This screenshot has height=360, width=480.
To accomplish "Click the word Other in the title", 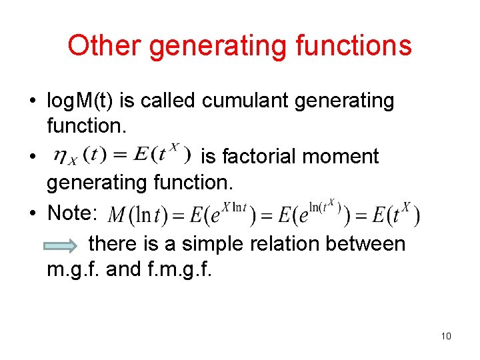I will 104,45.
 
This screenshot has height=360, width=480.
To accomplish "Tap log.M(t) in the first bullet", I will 81,101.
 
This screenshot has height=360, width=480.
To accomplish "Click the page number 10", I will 446,335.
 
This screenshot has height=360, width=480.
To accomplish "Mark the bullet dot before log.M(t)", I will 32,101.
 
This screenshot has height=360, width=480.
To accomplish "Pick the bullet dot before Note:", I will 32,214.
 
